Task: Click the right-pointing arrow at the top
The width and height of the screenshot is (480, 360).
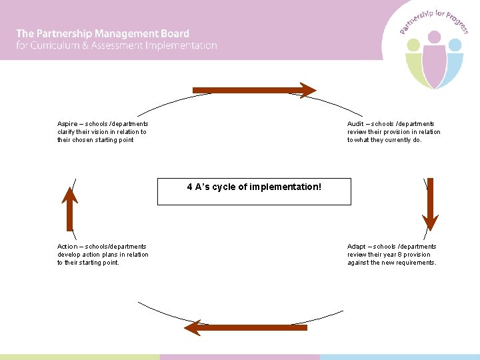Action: [x=253, y=90]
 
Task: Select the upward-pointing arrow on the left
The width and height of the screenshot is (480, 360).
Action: [x=69, y=207]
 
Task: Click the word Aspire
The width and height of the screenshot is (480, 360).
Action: [x=67, y=124]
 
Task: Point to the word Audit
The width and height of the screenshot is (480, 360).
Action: [x=355, y=124]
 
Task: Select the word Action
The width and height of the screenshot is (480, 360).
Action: [x=67, y=247]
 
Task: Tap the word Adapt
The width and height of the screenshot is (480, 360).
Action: [x=356, y=247]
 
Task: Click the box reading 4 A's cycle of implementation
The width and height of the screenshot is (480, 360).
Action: [x=254, y=191]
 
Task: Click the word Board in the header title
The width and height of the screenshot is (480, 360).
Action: [x=175, y=33]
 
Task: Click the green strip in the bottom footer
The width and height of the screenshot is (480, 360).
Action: [x=80, y=357]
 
